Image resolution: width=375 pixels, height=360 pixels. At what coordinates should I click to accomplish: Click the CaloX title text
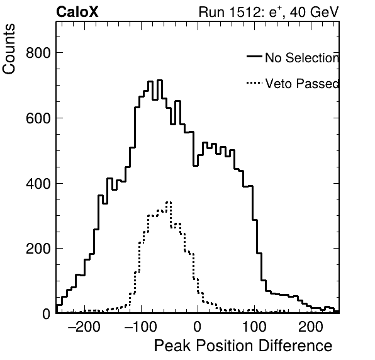click(77, 12)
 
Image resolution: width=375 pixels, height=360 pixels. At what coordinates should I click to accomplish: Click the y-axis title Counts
click(9, 49)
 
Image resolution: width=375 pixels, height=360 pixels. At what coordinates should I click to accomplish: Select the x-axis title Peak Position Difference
click(243, 346)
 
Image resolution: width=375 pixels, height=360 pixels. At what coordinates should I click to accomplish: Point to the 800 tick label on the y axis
click(38, 53)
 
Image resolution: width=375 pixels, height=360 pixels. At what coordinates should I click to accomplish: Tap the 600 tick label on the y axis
click(38, 118)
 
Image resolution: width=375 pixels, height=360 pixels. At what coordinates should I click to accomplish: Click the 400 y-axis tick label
click(38, 184)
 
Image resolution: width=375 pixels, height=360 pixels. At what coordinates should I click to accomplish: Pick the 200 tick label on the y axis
click(38, 249)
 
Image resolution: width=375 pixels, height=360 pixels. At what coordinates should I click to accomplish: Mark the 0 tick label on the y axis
click(47, 314)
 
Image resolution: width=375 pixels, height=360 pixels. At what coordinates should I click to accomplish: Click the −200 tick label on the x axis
click(84, 327)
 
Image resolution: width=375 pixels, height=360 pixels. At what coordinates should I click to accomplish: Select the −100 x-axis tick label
click(141, 327)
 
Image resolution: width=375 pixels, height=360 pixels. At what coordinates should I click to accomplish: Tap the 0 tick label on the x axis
click(198, 327)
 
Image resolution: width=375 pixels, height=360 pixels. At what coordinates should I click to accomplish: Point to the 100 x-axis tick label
click(254, 327)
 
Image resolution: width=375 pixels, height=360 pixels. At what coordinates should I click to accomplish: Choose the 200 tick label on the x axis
click(311, 327)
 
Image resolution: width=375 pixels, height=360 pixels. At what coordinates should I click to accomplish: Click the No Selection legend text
click(302, 58)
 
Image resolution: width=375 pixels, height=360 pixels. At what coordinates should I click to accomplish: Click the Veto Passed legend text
click(302, 84)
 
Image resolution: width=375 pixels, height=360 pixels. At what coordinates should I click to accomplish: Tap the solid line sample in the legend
click(254, 57)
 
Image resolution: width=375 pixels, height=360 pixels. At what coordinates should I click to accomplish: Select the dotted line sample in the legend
click(254, 83)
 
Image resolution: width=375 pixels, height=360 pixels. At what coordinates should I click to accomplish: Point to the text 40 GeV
click(314, 12)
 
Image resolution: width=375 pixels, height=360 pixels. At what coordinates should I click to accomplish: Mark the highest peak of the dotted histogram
click(169, 203)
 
